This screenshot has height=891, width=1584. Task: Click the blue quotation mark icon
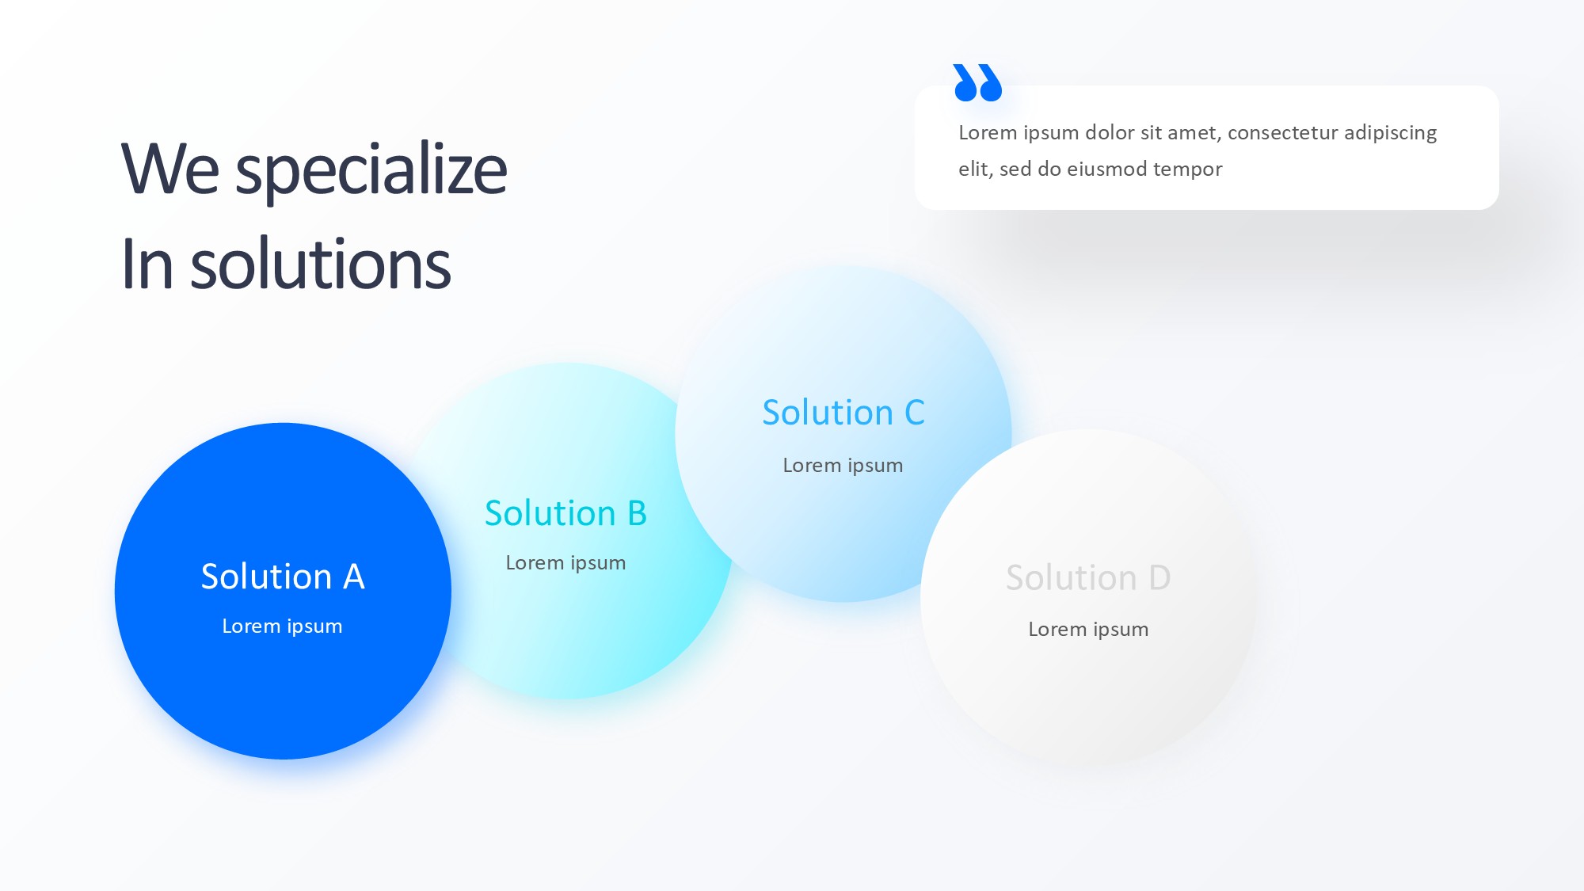pyautogui.click(x=978, y=82)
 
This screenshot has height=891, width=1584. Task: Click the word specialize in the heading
pyautogui.click(x=371, y=170)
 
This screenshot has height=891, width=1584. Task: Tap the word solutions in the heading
pyautogui.click(x=321, y=264)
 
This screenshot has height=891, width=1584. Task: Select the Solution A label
pyautogui.click(x=283, y=577)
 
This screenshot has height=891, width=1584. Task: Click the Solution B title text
pyautogui.click(x=565, y=513)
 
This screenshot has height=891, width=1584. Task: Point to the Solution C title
pyautogui.click(x=843, y=413)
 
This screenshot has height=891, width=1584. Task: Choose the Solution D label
pyautogui.click(x=1088, y=577)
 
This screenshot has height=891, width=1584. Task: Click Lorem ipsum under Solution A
pyautogui.click(x=282, y=626)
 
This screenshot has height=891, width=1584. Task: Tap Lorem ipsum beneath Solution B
pyautogui.click(x=565, y=563)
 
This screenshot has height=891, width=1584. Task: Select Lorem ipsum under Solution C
pyautogui.click(x=843, y=466)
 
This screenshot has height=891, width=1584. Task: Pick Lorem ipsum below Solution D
pyautogui.click(x=1088, y=630)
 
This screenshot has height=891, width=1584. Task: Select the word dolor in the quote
pyautogui.click(x=1109, y=132)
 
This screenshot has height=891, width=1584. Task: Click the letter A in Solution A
pyautogui.click(x=354, y=577)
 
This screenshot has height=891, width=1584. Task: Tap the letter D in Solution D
pyautogui.click(x=1159, y=577)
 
